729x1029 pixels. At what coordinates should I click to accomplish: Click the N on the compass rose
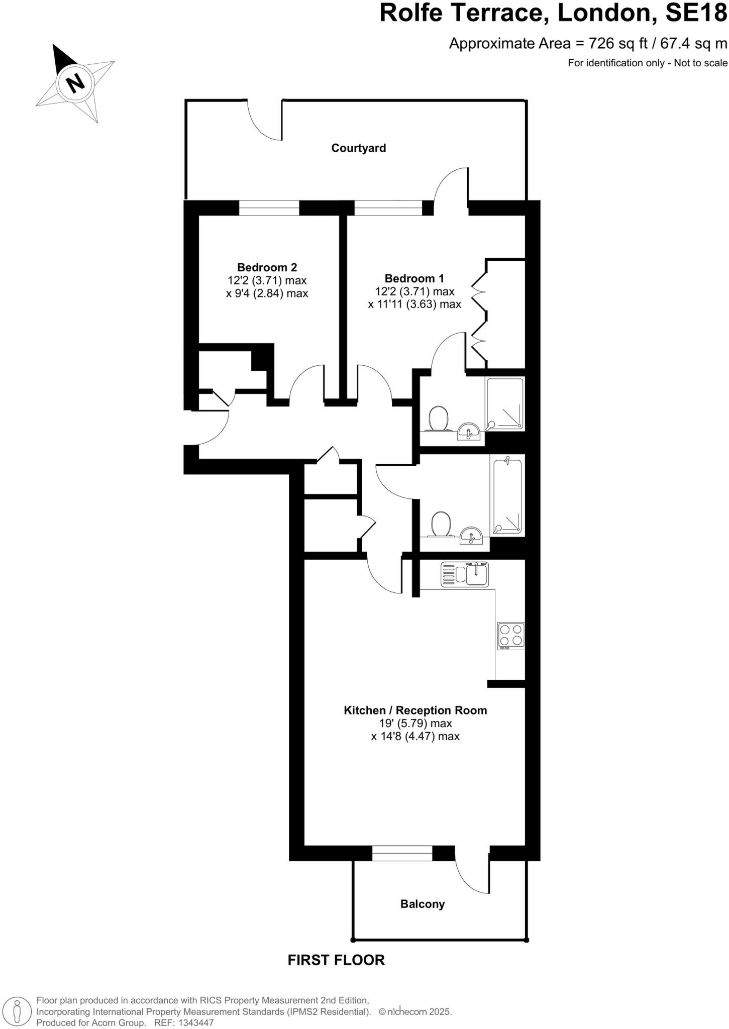75,82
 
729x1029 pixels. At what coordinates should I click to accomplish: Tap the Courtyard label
358,148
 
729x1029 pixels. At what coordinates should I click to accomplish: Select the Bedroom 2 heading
267,267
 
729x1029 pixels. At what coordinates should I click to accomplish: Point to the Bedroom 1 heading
414,278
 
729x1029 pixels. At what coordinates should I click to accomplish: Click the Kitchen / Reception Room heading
415,710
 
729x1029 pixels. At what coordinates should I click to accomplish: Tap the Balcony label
422,904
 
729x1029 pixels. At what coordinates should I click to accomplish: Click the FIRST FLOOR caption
336,960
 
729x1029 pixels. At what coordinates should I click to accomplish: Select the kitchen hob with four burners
511,635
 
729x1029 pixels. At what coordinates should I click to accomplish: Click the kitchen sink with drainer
465,574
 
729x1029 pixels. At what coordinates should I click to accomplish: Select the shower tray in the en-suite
504,403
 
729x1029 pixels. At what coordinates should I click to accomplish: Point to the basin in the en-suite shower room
470,431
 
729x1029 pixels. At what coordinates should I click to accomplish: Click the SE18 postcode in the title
696,12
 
